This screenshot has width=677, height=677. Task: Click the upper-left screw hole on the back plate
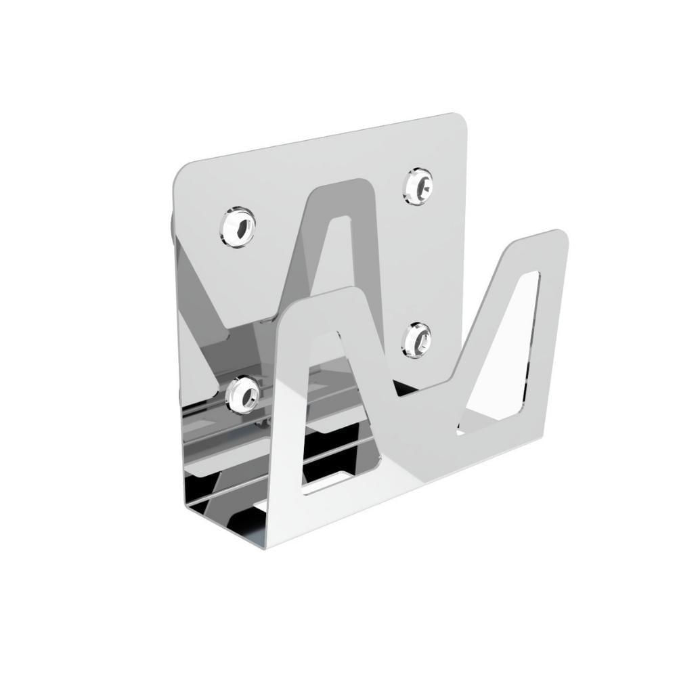tap(238, 226)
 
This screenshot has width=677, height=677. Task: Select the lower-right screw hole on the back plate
tap(416, 339)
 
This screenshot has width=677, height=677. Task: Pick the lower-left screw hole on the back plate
tap(242, 395)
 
